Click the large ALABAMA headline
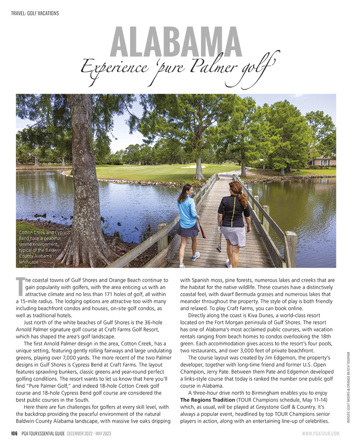(180, 42)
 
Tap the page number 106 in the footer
(14, 433)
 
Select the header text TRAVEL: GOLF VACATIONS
(35, 13)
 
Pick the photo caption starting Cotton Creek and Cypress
(44, 247)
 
